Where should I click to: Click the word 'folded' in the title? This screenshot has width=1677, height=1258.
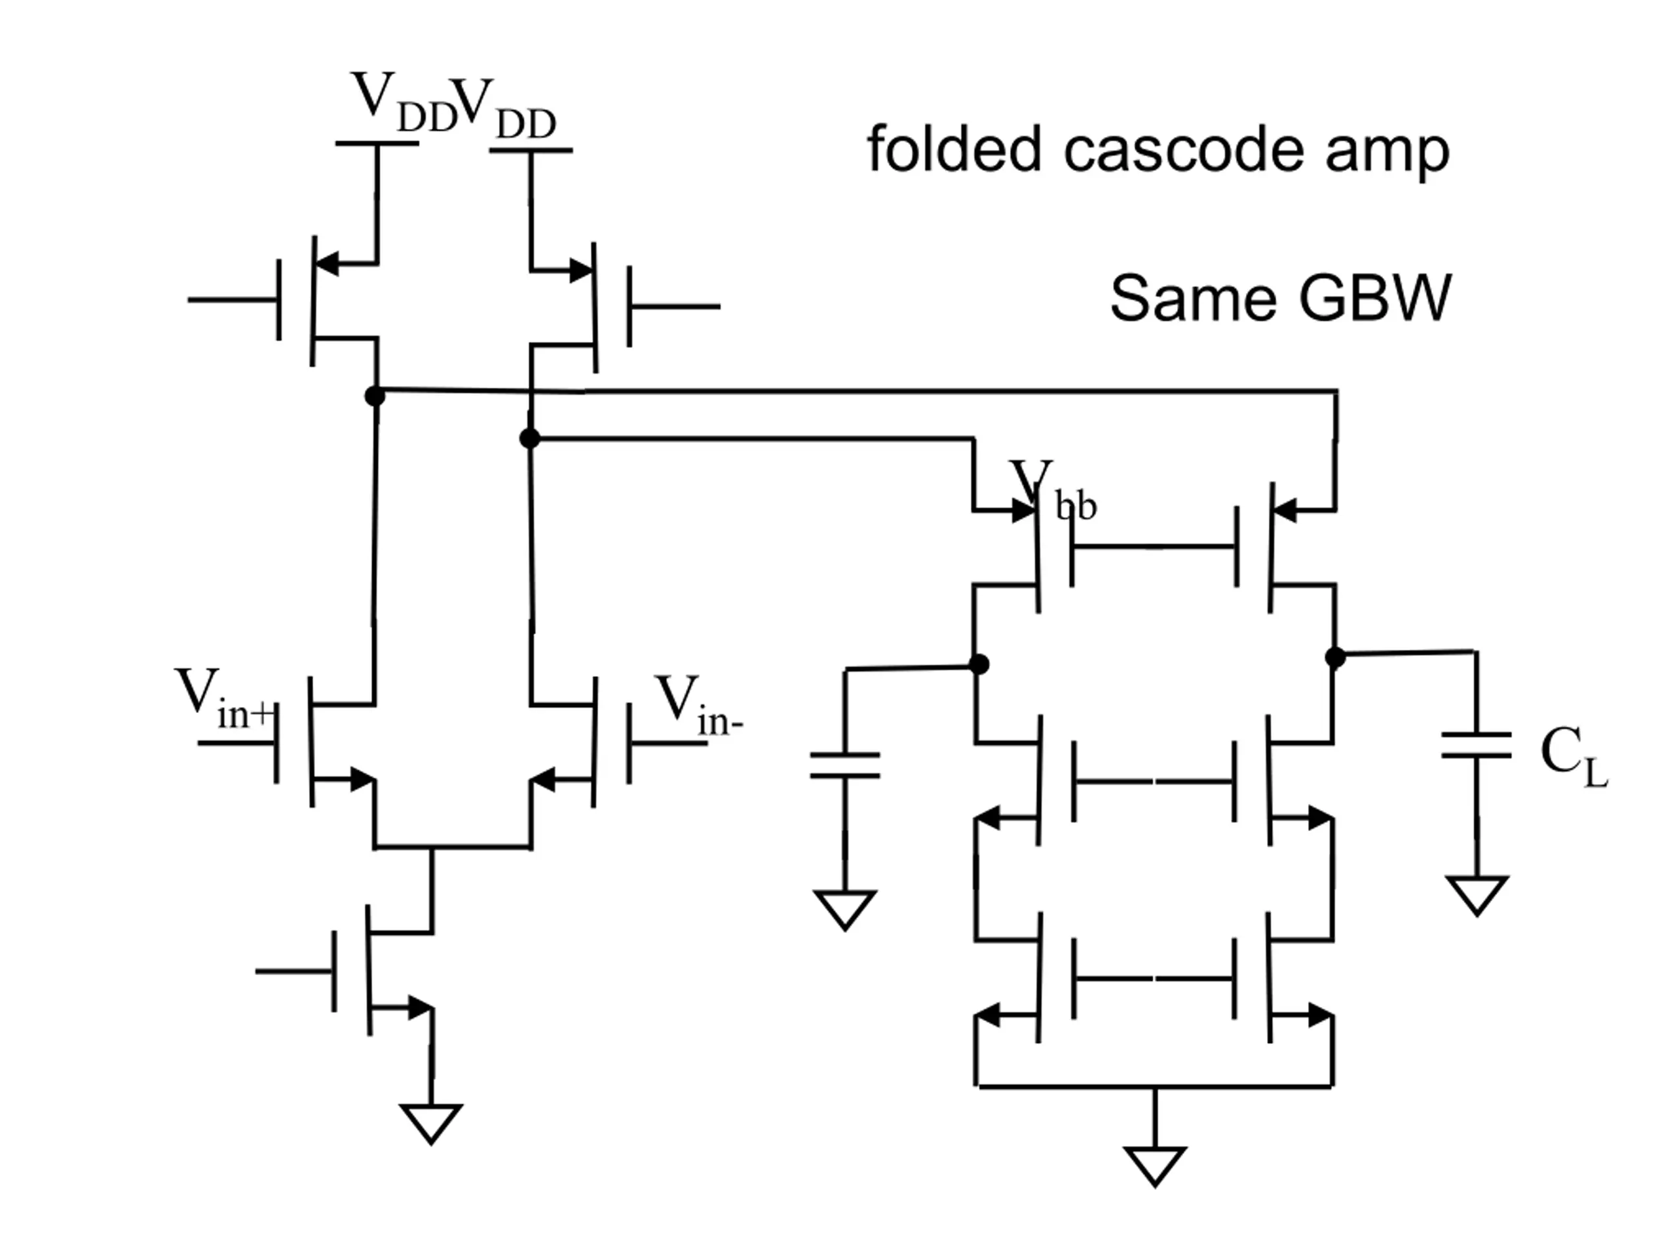pos(954,149)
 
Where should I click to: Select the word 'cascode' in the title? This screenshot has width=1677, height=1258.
pos(1184,151)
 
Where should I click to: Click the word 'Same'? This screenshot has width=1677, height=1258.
pos(1194,297)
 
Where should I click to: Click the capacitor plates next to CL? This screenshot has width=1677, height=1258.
pos(1476,746)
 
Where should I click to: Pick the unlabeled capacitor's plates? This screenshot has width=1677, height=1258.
pos(844,766)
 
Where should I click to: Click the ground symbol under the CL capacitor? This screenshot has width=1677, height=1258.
pos(1477,896)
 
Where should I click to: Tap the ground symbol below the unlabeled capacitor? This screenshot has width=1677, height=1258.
pos(844,910)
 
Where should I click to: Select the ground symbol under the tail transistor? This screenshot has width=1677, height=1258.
pos(430,1124)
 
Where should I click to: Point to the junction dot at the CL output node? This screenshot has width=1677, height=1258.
pos(1335,657)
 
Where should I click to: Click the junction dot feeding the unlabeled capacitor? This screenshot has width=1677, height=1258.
pos(979,664)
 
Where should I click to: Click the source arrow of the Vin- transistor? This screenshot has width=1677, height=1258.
pos(543,779)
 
